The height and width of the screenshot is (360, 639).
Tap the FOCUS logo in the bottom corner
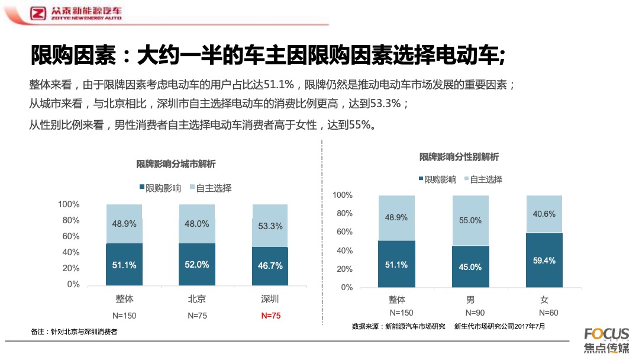[x=606, y=340]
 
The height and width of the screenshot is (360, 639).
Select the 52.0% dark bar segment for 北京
[x=197, y=265]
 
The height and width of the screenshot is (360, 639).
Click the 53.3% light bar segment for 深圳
[x=270, y=226]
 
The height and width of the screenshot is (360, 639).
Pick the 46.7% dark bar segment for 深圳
[x=270, y=266]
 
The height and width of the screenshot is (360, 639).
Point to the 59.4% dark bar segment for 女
[x=544, y=260]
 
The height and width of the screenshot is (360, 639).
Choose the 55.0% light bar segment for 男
[x=470, y=220]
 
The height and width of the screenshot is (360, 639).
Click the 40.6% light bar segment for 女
[x=544, y=214]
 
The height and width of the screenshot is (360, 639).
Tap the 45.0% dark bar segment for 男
[x=470, y=266]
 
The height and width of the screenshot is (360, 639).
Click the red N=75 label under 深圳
[x=270, y=316]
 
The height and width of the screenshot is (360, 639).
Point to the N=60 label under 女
[x=548, y=313]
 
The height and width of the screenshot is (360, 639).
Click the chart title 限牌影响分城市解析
[x=176, y=164]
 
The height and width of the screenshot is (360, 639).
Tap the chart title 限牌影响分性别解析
[x=459, y=157]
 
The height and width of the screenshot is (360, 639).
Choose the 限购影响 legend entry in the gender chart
[x=437, y=179]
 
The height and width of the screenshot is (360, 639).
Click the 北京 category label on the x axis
[x=197, y=299]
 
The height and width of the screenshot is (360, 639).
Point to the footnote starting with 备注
[x=74, y=332]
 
